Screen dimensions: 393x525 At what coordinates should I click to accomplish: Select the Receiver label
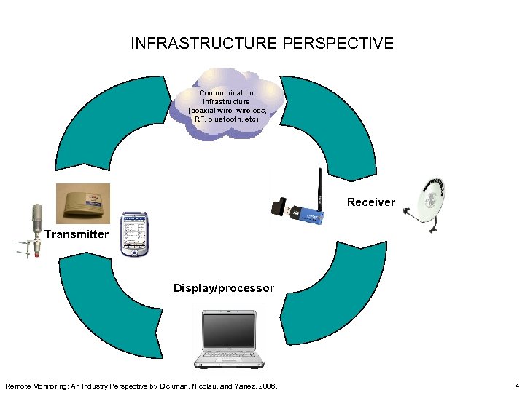370,202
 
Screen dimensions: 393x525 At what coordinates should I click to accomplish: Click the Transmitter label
76,234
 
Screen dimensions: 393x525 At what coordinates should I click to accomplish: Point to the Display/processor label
224,288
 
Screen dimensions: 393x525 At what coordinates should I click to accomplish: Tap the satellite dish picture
431,204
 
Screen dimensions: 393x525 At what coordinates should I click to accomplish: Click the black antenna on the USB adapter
319,188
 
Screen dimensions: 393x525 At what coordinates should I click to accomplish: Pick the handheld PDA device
133,234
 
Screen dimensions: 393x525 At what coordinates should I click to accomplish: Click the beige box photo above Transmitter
83,203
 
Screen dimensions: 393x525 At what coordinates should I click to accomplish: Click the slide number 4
516,386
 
